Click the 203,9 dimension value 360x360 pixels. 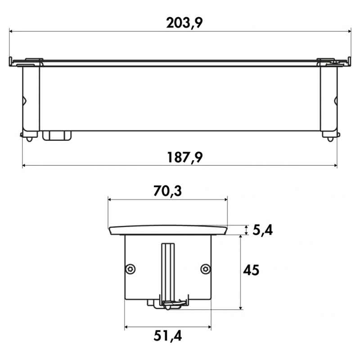pyautogui.click(x=184, y=23)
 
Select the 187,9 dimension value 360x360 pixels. pyautogui.click(x=185, y=157)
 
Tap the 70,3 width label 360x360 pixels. pyautogui.click(x=167, y=191)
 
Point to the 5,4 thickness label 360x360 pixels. pyautogui.click(x=263, y=230)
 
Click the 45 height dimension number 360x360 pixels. pyautogui.click(x=251, y=270)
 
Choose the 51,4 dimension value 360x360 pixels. pyautogui.click(x=168, y=336)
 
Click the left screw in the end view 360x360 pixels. pyautogui.click(x=130, y=269)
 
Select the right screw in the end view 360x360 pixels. pyautogui.click(x=206, y=269)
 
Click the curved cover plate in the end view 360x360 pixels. pyautogui.click(x=168, y=230)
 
